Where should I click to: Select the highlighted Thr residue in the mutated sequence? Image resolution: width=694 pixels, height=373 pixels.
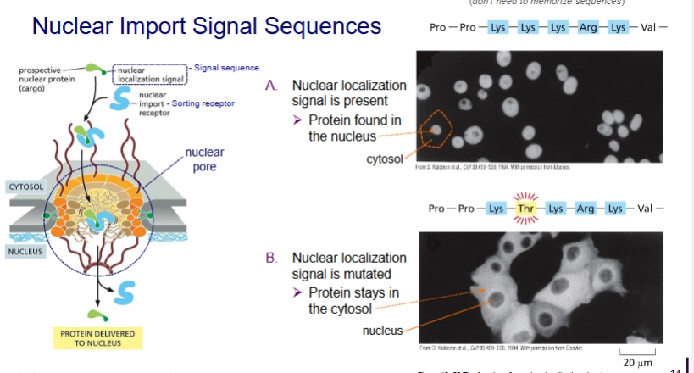pos(525,209)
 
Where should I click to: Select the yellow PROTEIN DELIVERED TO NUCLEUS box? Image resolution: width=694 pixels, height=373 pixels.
pos(97,337)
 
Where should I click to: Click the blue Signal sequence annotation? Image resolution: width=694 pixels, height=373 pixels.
pos(226,68)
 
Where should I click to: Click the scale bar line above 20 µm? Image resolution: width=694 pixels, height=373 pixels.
pos(637,351)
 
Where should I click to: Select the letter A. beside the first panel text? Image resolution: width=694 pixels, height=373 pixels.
pos(272,86)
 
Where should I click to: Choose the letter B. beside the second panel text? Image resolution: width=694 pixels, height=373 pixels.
pos(272,257)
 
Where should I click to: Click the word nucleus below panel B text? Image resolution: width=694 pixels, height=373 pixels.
pos(383,330)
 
